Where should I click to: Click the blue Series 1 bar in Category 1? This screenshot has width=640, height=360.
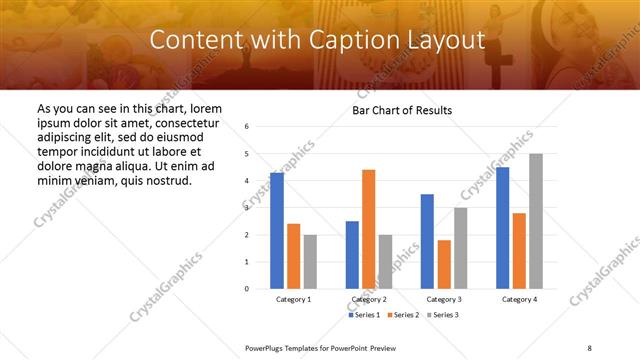tap(277, 231)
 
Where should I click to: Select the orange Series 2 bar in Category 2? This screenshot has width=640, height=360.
tap(368, 229)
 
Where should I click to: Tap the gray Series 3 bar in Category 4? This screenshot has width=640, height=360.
tap(536, 221)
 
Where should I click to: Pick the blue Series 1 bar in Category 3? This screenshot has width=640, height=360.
tap(427, 241)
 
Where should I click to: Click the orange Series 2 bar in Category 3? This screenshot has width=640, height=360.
tap(444, 264)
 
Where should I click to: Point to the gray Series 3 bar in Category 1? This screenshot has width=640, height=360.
tap(310, 262)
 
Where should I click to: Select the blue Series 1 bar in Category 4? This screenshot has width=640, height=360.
tap(502, 228)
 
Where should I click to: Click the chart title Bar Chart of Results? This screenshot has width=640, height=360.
tap(402, 110)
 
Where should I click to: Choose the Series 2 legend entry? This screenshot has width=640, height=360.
tap(402, 315)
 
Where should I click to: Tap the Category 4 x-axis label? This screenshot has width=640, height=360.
tap(519, 299)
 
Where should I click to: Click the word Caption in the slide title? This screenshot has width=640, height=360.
tap(355, 40)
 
